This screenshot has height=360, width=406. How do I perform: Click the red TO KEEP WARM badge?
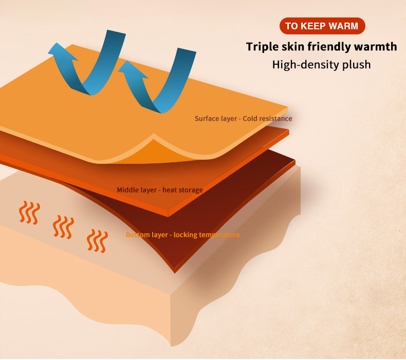coord(322,26)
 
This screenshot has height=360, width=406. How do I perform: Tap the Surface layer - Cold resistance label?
coord(243,119)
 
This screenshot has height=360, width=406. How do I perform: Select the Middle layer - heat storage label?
coord(160,190)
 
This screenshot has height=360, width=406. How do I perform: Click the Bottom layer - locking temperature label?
coord(182,235)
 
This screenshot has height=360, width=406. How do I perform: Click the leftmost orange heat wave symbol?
coord(29,212)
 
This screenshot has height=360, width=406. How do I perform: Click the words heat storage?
coord(183,190)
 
